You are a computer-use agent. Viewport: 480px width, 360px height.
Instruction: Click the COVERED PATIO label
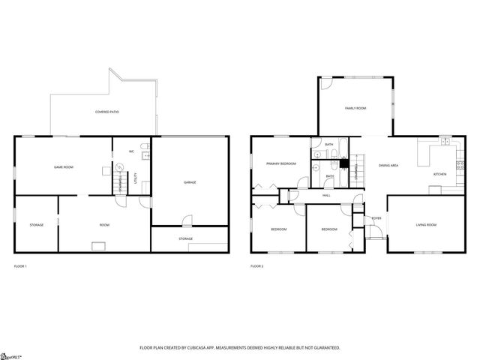[x=106, y=112]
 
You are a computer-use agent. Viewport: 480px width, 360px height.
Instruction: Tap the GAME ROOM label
[x=62, y=166]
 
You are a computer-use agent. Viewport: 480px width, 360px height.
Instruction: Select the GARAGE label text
[x=190, y=182]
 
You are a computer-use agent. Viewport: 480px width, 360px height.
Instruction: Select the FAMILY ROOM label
[x=355, y=109]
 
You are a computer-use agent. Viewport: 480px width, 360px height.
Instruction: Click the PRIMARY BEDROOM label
[x=280, y=163]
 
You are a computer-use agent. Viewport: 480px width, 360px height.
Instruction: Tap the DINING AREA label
[x=388, y=165]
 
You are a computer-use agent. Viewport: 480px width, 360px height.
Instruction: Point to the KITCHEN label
[x=439, y=174]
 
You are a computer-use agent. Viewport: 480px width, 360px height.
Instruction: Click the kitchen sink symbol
[x=445, y=140]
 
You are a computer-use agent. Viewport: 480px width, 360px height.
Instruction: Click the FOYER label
[x=375, y=218]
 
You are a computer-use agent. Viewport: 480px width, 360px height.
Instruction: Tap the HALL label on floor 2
[x=326, y=195]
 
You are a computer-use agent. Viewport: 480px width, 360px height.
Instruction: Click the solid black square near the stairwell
[x=344, y=163]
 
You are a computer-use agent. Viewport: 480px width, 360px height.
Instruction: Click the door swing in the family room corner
[x=326, y=84]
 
